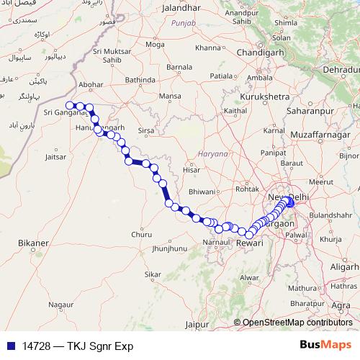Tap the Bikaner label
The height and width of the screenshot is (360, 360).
point(33,243)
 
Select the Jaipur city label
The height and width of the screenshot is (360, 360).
point(197,325)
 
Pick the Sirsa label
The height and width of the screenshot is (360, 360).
point(146,132)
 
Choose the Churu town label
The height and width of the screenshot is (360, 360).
point(141,234)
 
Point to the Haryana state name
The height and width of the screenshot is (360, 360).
point(212,154)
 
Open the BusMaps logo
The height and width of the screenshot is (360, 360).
point(325,345)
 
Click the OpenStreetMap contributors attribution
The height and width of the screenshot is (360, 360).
point(297,323)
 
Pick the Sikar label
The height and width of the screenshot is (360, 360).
point(153,274)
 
